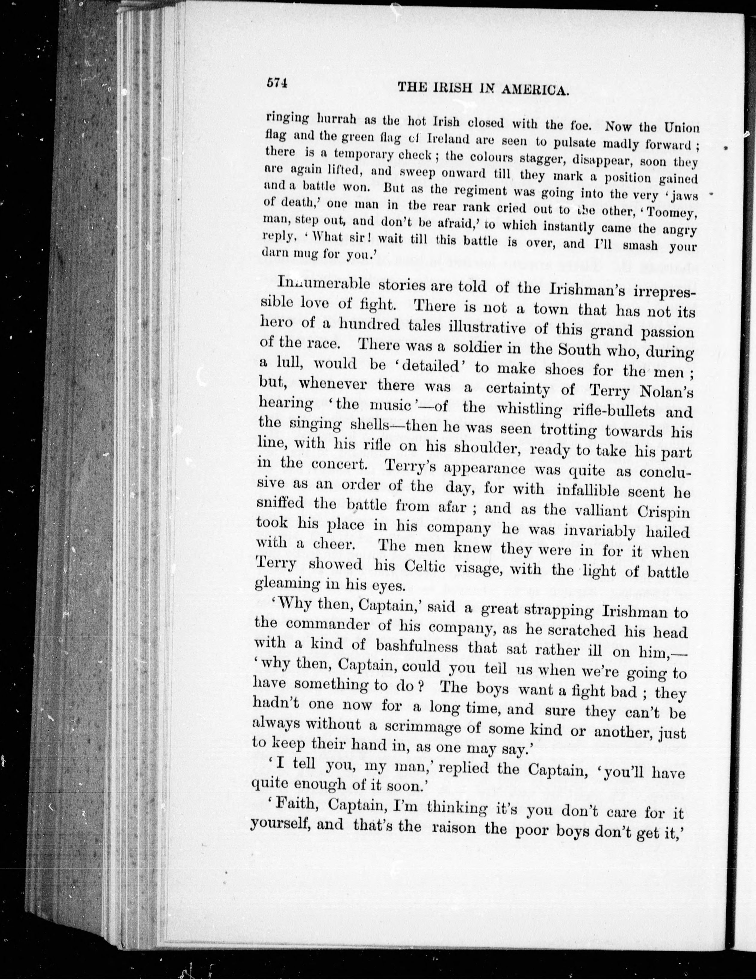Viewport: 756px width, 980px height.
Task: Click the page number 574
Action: pyautogui.click(x=276, y=84)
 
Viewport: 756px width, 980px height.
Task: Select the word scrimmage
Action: pyautogui.click(x=420, y=728)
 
